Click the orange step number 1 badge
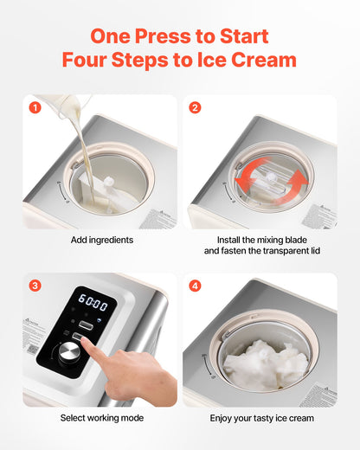click(35, 108)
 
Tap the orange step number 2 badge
click(195, 108)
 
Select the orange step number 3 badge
click(35, 286)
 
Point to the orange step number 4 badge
click(195, 286)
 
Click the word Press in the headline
click(161, 37)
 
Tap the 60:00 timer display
click(93, 305)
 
